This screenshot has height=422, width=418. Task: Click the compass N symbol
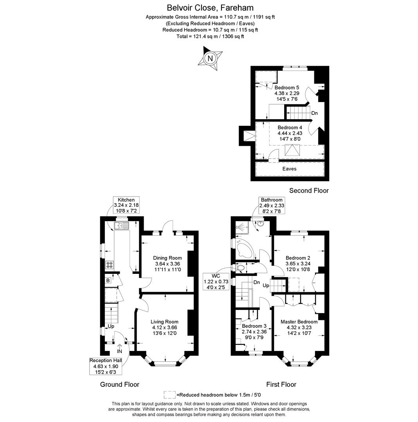click(x=211, y=59)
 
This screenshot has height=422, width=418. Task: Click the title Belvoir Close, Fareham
click(x=210, y=7)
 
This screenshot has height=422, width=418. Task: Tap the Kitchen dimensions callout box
click(x=126, y=205)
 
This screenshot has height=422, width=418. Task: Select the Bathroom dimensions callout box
click(x=271, y=205)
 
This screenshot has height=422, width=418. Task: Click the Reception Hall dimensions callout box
click(x=106, y=366)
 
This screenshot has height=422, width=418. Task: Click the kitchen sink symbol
click(x=121, y=225)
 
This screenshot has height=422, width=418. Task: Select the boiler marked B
click(x=108, y=280)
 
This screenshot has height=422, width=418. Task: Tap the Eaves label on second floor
click(x=289, y=169)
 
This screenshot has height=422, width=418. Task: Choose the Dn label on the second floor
click(x=314, y=113)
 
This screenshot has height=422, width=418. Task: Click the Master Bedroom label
click(x=299, y=322)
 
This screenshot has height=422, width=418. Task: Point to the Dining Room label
click(x=167, y=258)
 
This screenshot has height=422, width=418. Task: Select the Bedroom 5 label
click(x=286, y=87)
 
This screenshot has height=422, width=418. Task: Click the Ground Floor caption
click(x=119, y=384)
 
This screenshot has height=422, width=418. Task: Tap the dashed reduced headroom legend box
click(x=169, y=395)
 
